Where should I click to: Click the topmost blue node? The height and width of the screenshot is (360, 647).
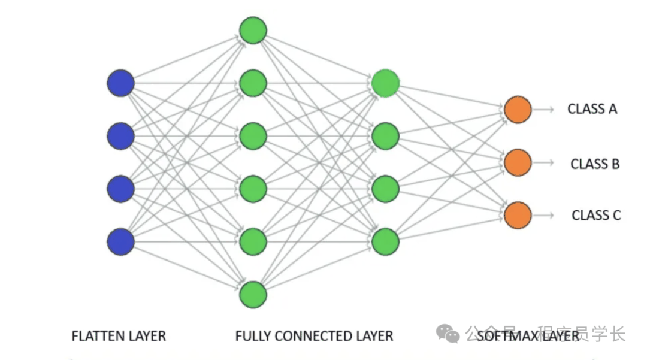(120, 83)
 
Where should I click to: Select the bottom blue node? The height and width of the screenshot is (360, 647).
(120, 241)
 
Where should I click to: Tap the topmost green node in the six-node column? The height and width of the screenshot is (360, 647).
(253, 31)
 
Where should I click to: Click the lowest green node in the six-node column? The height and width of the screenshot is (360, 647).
(253, 294)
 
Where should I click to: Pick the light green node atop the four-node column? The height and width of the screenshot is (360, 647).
(385, 84)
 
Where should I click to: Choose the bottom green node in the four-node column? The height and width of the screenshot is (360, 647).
(385, 241)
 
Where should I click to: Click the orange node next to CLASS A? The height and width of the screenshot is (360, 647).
(518, 110)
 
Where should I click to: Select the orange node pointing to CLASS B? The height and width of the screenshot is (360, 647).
(518, 162)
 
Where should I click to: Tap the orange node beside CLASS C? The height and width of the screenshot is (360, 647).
(518, 215)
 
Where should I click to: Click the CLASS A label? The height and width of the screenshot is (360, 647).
(592, 109)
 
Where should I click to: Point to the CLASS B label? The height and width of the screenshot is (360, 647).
(594, 163)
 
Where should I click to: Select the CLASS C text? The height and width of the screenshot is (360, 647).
(595, 215)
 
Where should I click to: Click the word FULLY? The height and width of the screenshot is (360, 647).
(253, 336)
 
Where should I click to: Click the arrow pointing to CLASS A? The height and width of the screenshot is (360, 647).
(543, 110)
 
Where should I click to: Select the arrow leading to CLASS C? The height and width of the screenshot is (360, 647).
(543, 215)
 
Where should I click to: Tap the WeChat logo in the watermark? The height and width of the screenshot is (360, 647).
(448, 333)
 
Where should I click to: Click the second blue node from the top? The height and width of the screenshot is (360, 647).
(120, 136)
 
